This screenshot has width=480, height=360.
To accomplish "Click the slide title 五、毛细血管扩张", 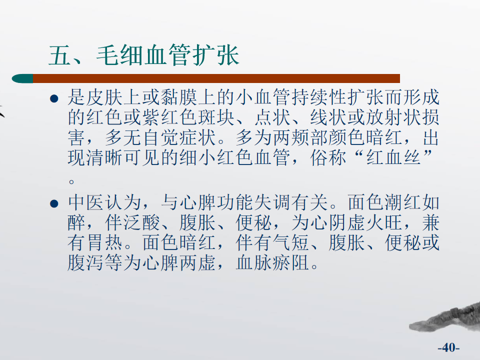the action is pos(144,55).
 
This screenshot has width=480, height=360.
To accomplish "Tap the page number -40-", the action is pos(448,347).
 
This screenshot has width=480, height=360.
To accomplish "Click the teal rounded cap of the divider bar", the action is pos(22,78).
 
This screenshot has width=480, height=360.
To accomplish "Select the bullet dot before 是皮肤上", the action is pos(54,98).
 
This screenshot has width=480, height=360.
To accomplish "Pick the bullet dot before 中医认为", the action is pos(54,203).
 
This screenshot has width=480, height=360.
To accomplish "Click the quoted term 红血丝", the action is pos(393,158).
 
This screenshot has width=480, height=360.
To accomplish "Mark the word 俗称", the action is pos(328,158).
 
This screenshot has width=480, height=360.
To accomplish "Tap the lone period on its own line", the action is pos(71,182).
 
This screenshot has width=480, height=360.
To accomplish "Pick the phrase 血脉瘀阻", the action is pos(272,263).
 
